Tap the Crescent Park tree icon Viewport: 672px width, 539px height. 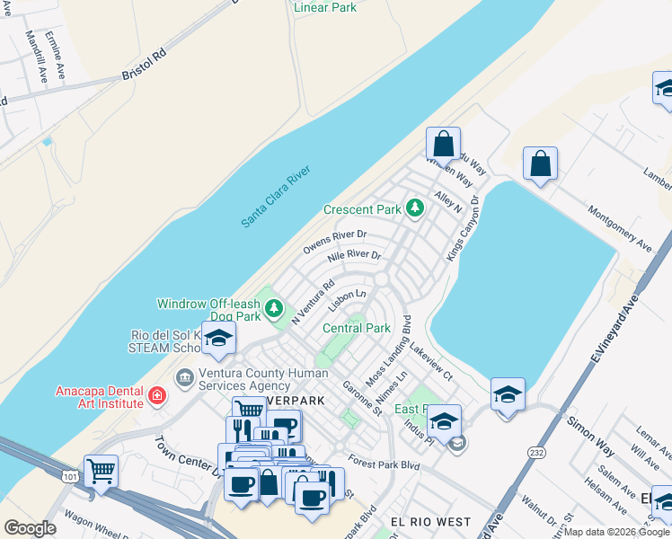pyautogui.click(x=414, y=209)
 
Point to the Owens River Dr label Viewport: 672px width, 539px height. pyautogui.click(x=335, y=242)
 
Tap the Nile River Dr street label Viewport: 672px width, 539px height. pyautogui.click(x=354, y=261)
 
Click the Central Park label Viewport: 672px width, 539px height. pyautogui.click(x=357, y=328)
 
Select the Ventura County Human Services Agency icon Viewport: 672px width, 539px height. pyautogui.click(x=185, y=379)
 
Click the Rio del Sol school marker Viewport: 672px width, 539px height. pyautogui.click(x=217, y=339)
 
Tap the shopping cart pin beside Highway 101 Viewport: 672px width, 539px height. pyautogui.click(x=101, y=469)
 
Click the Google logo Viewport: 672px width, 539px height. pyautogui.click(x=30, y=528)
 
